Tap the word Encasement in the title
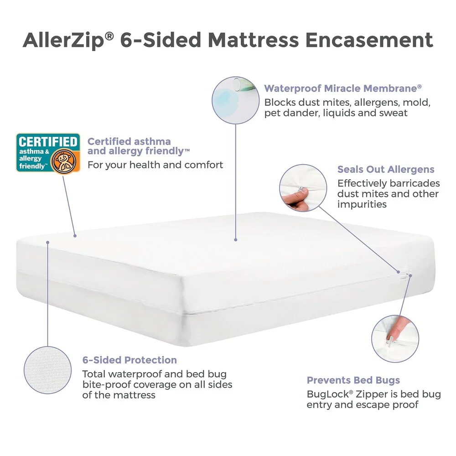(369, 40)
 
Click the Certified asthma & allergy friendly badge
(48, 154)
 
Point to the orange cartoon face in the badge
(63, 161)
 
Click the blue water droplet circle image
(235, 100)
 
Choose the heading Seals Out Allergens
(386, 169)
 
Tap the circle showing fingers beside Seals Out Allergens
(303, 188)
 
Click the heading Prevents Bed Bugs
(353, 380)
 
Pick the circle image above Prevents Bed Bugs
(395, 339)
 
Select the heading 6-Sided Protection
(130, 360)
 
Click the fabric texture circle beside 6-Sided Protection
(48, 370)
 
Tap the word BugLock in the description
(328, 394)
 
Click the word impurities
(362, 204)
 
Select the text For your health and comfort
(155, 165)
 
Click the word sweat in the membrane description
(393, 113)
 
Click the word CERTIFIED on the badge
(48, 142)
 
